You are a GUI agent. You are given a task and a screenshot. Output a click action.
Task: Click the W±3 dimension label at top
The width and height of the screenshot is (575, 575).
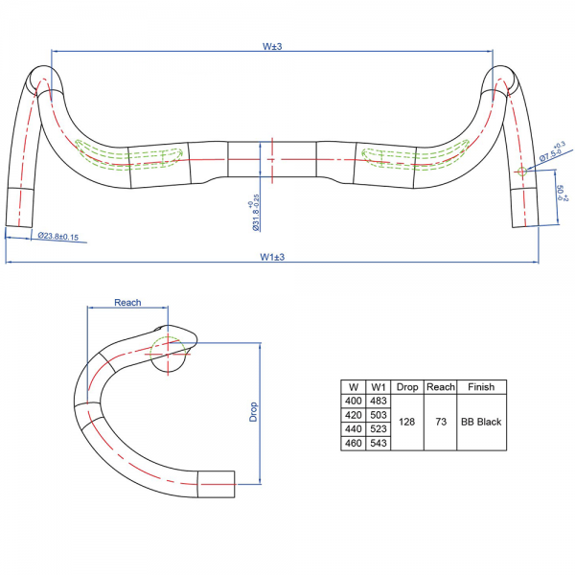(272, 47)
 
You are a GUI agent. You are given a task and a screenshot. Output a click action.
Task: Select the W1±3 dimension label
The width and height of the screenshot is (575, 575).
(272, 257)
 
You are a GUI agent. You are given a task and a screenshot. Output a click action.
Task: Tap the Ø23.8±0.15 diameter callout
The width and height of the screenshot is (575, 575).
(58, 237)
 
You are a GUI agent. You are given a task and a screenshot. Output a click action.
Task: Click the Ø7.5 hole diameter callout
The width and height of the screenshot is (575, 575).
(553, 151)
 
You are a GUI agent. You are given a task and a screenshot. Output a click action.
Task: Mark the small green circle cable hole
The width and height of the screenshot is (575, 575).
(521, 171)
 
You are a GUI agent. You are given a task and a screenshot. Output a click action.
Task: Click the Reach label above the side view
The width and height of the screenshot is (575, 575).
(127, 303)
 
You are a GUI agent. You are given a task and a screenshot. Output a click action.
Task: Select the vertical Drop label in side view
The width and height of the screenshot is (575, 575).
(253, 412)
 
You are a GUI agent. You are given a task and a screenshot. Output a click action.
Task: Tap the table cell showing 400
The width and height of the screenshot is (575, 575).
(354, 401)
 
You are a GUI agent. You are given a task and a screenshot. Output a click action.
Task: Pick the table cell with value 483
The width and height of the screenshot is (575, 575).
(379, 401)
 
